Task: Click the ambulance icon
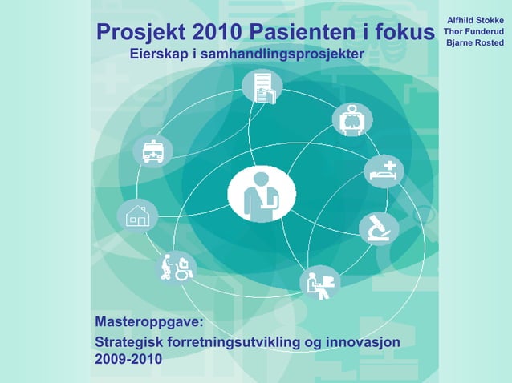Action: point(152,151)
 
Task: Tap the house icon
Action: point(137,216)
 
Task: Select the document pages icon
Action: point(262,87)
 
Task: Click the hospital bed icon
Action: point(384,171)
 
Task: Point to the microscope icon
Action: point(379,228)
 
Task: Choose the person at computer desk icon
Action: point(319,283)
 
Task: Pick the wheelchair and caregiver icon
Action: point(176,267)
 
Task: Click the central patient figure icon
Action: point(262,195)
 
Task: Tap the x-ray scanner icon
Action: point(352,119)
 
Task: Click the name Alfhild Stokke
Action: point(475,18)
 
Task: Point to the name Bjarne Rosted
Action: point(475,42)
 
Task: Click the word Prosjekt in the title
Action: point(139,32)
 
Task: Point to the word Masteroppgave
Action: point(148,323)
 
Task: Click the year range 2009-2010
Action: point(128,360)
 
